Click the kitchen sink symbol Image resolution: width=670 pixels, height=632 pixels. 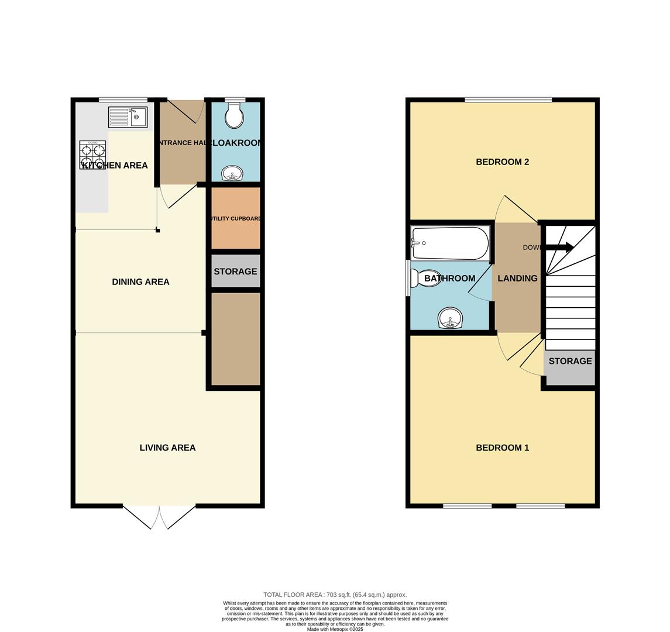click(128, 117)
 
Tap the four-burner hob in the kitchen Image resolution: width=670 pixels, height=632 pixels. click(92, 154)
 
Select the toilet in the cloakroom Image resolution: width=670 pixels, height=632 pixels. click(235, 115)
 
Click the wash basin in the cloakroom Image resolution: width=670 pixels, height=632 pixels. click(232, 173)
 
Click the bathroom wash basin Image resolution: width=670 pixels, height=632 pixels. click(450, 318)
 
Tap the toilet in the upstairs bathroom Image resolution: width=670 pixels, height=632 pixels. click(425, 278)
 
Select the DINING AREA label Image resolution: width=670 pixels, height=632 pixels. click(140, 282)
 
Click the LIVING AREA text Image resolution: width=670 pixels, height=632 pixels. click(167, 448)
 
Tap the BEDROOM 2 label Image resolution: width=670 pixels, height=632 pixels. click(502, 162)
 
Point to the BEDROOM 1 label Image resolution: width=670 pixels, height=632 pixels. click(502, 448)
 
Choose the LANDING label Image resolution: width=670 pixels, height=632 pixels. click(517, 279)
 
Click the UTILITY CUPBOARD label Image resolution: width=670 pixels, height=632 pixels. click(236, 219)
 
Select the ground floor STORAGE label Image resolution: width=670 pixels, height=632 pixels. click(235, 272)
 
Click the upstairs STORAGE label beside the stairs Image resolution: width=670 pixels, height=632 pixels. click(570, 361)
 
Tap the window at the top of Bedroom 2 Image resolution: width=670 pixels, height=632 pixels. click(508, 99)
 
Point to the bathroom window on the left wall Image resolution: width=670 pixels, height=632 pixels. click(408, 278)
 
